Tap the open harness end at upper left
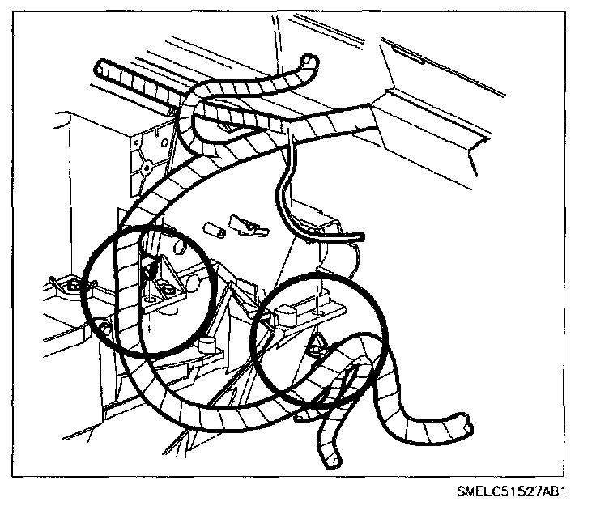(x=102, y=68)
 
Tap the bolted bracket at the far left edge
(x=69, y=284)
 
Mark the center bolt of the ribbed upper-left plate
(x=147, y=168)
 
